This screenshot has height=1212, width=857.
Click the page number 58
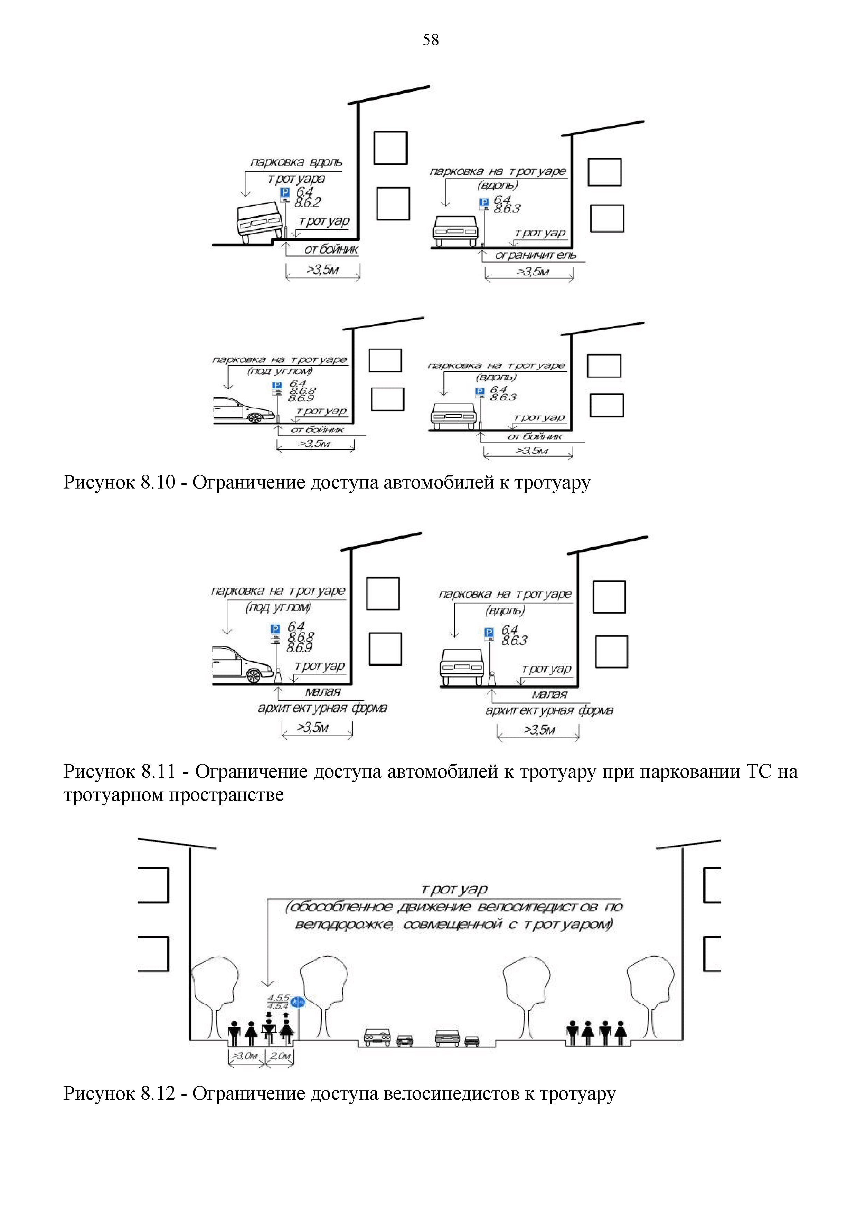coord(430,40)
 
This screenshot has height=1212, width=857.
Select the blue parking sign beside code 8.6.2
coord(285,193)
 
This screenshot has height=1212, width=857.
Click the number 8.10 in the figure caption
coord(157,482)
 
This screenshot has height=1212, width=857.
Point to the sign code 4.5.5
coord(278,997)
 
